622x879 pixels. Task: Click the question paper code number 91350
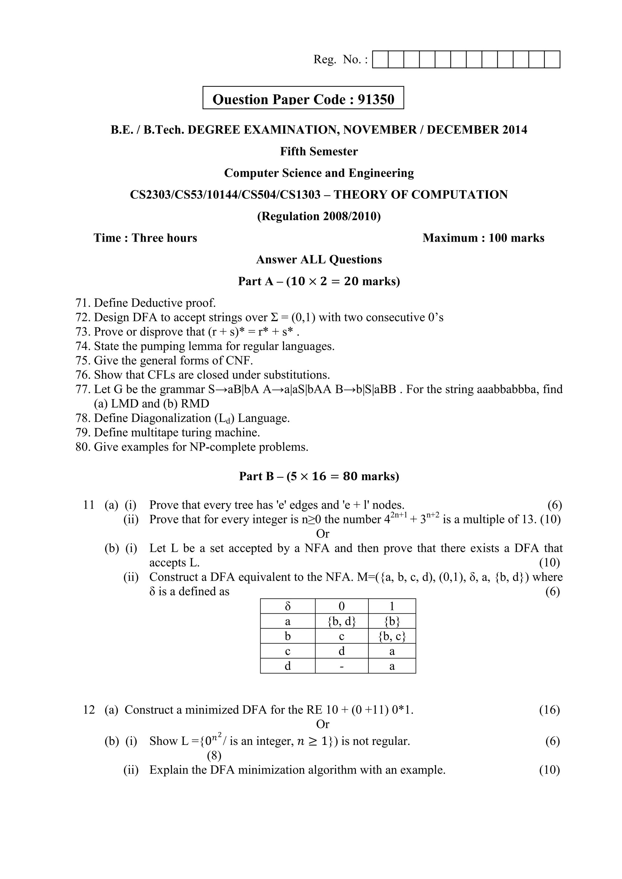376,100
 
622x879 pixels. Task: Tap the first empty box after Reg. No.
380,60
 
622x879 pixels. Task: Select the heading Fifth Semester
319,151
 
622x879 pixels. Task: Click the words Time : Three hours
145,238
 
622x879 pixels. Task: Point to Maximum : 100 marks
483,238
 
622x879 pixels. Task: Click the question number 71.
83,303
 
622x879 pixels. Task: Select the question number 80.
83,447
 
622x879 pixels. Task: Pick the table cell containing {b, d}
341,621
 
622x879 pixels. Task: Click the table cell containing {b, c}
391,636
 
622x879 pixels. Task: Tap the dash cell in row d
341,666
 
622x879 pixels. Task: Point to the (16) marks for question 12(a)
549,710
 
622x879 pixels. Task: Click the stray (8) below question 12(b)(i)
214,756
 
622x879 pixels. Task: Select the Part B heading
319,476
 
